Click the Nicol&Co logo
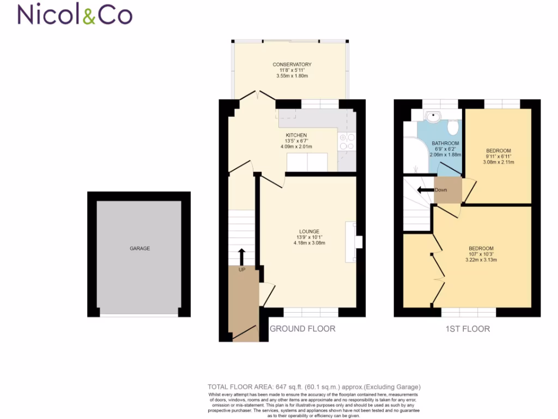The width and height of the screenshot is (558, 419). pyautogui.click(x=75, y=15)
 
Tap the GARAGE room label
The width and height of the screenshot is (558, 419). pyautogui.click(x=139, y=248)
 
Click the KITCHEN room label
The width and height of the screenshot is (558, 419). pyautogui.click(x=296, y=135)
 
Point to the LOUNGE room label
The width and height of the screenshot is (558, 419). pyautogui.click(x=308, y=231)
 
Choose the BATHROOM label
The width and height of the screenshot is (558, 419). pyautogui.click(x=445, y=143)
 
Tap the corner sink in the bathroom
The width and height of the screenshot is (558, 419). pyautogui.click(x=433, y=116)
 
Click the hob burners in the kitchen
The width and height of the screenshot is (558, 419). pyautogui.click(x=347, y=142)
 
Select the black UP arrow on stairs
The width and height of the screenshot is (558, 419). pyautogui.click(x=242, y=255)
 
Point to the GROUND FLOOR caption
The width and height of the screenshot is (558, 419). pyautogui.click(x=302, y=328)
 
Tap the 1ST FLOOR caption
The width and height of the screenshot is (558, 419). pyautogui.click(x=467, y=328)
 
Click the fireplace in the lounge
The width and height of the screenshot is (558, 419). pyautogui.click(x=355, y=241)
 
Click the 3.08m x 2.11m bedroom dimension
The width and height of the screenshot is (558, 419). pyautogui.click(x=499, y=162)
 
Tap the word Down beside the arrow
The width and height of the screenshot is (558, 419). pyautogui.click(x=441, y=190)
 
